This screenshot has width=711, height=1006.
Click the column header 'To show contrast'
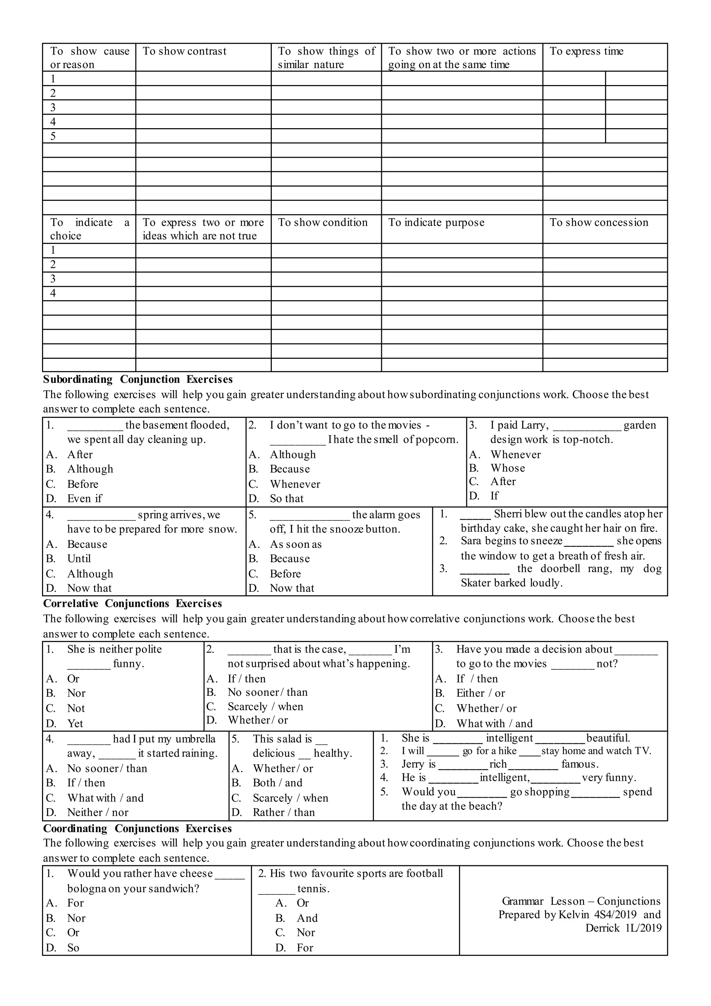click(184, 51)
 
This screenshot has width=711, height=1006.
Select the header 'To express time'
click(586, 51)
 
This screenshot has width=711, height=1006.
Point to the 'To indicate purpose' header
click(436, 223)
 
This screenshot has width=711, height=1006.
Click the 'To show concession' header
click(599, 223)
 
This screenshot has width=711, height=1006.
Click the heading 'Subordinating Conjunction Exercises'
click(138, 379)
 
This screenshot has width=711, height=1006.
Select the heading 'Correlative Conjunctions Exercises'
click(132, 604)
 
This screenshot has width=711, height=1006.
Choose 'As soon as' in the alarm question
click(295, 544)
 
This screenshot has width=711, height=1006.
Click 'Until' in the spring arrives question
click(79, 559)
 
